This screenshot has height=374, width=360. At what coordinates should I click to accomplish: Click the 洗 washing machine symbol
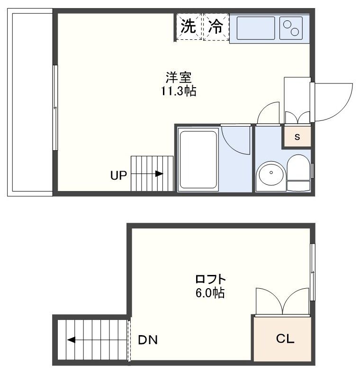click(x=189, y=27)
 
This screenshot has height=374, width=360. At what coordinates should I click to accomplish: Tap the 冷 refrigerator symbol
click(x=216, y=27)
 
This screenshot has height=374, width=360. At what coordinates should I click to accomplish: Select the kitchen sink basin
click(x=255, y=28)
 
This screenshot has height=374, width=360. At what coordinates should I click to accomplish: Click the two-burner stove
click(x=291, y=28)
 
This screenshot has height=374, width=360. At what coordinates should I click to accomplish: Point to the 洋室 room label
click(x=178, y=77)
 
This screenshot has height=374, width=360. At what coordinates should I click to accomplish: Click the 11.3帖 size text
click(x=178, y=91)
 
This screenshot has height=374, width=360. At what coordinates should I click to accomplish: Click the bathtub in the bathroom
click(x=198, y=159)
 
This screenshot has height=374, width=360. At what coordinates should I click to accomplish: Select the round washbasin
click(x=271, y=173)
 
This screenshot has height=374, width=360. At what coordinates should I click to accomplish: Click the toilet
click(x=298, y=173)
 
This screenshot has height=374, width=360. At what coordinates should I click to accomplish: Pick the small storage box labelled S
click(x=297, y=137)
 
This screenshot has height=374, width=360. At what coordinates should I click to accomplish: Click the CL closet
click(x=285, y=339)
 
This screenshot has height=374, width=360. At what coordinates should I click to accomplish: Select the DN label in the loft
click(x=148, y=340)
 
